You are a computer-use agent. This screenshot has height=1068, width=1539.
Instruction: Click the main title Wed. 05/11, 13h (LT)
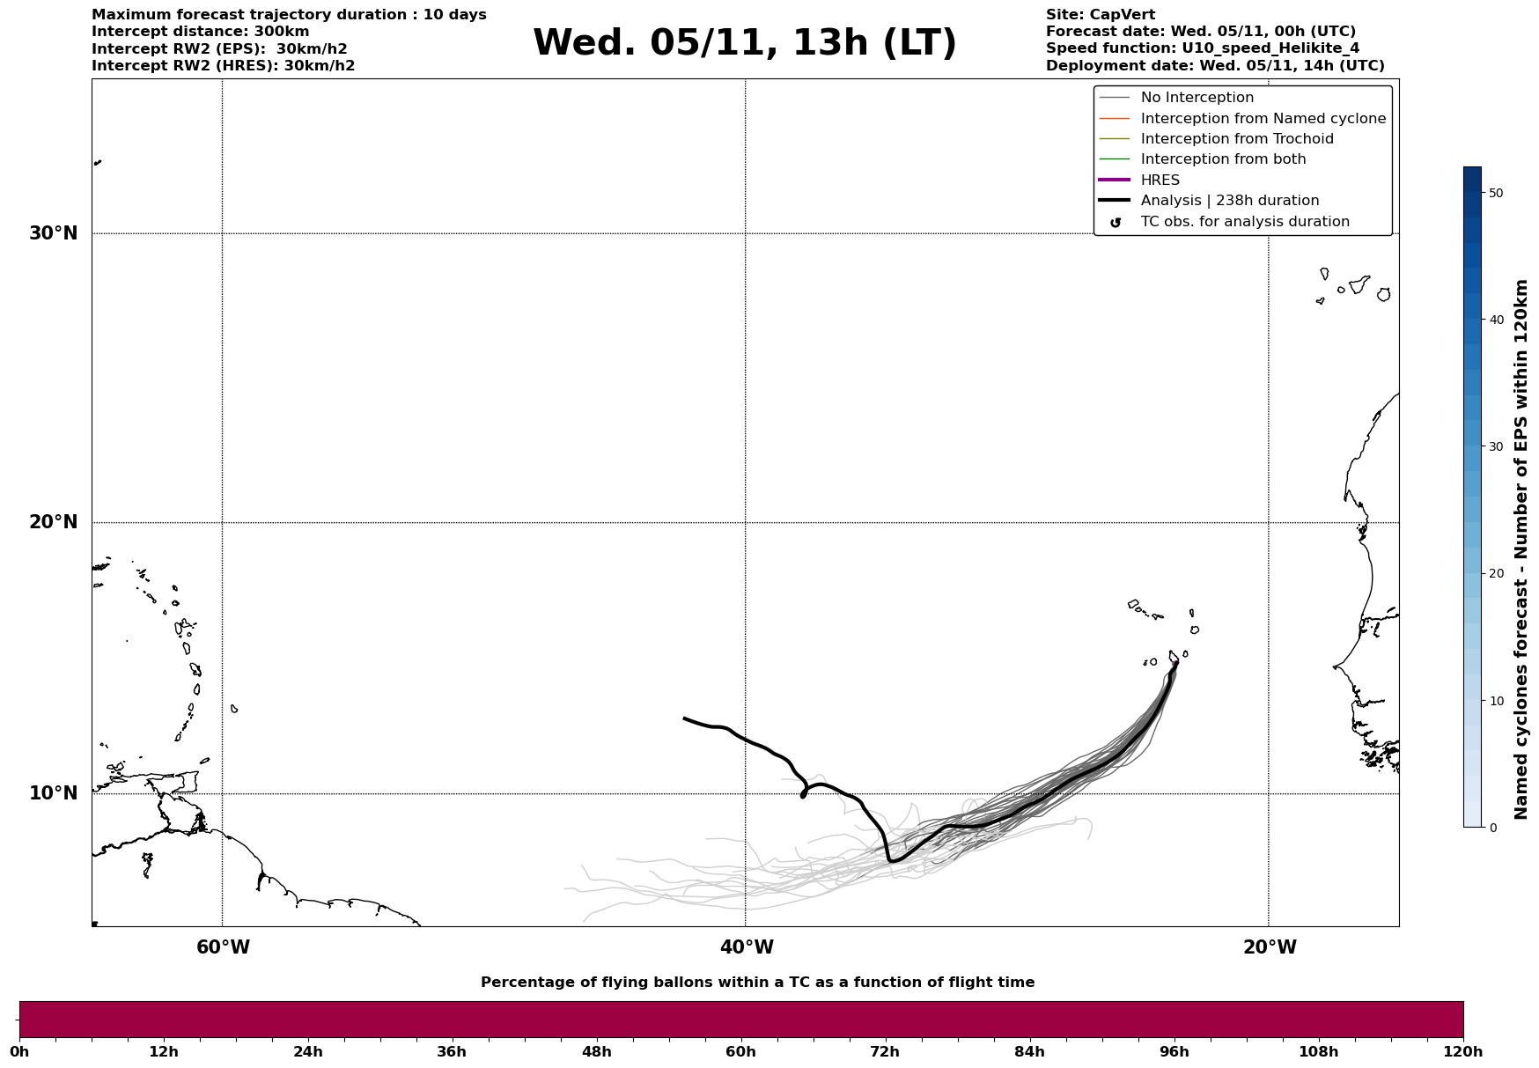(x=744, y=43)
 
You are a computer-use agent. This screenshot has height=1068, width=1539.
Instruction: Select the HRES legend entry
(x=1160, y=180)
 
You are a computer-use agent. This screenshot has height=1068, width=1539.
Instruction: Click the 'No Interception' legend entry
(x=1197, y=98)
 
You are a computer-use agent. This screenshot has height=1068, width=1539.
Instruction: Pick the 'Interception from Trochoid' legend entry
(x=1236, y=139)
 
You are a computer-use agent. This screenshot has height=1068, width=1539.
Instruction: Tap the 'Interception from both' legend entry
(x=1223, y=159)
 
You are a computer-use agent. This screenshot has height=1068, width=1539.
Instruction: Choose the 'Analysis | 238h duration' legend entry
(x=1229, y=201)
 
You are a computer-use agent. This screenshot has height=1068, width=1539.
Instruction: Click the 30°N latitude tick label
(x=54, y=233)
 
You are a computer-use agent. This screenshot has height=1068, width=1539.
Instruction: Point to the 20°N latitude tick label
(x=54, y=522)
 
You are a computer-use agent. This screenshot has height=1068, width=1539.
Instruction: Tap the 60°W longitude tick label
(x=223, y=947)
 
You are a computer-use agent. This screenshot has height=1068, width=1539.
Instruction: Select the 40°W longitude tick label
(x=747, y=947)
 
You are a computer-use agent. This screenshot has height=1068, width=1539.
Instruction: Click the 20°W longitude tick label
(x=1270, y=947)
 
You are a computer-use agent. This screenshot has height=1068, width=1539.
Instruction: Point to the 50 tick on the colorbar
(x=1495, y=193)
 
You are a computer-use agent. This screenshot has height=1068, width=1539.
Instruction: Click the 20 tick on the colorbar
(x=1495, y=574)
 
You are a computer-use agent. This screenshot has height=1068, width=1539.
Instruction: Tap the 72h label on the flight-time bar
(x=885, y=1051)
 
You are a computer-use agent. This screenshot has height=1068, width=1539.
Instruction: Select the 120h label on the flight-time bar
(x=1462, y=1051)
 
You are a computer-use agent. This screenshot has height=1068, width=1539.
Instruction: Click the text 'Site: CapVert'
(x=1100, y=15)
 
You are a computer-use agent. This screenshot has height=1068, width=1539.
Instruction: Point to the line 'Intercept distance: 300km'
(x=200, y=32)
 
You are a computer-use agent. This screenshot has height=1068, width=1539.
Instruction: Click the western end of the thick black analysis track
(x=685, y=718)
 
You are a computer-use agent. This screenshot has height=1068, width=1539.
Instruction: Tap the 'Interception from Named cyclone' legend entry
(x=1263, y=119)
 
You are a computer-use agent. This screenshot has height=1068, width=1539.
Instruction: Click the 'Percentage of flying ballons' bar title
(x=757, y=983)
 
